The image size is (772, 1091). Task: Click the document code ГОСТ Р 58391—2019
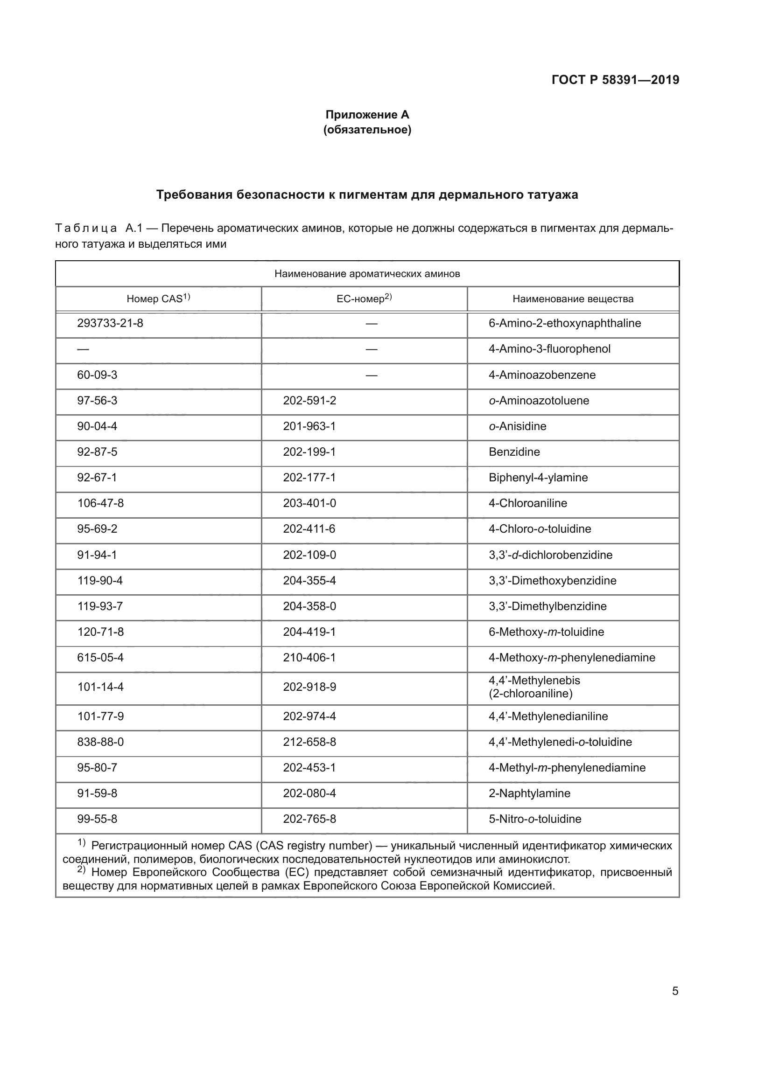[x=615, y=80]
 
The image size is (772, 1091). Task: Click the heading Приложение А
[x=367, y=115]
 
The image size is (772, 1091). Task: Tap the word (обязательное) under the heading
[x=367, y=130]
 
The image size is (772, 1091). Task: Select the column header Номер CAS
[x=158, y=299]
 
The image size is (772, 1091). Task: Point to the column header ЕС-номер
[x=364, y=299]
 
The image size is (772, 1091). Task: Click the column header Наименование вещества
[x=573, y=299]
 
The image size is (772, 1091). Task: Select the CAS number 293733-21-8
[x=110, y=324]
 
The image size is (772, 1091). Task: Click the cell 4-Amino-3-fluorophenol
[x=549, y=349]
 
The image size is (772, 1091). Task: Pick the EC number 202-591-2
[x=309, y=401]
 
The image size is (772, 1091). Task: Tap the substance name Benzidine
[x=514, y=452]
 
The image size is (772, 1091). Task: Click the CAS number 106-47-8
[x=100, y=503]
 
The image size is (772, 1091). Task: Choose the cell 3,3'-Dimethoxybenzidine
[x=552, y=581]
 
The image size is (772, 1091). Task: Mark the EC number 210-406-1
[x=309, y=658]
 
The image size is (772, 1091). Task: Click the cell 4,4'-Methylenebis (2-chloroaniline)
[x=534, y=687]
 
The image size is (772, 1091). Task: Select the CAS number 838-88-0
[x=100, y=742]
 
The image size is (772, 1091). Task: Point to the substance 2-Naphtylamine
[x=530, y=793]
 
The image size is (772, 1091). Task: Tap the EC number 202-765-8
[x=309, y=819]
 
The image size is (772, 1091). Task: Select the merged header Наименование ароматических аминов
[x=367, y=274]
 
